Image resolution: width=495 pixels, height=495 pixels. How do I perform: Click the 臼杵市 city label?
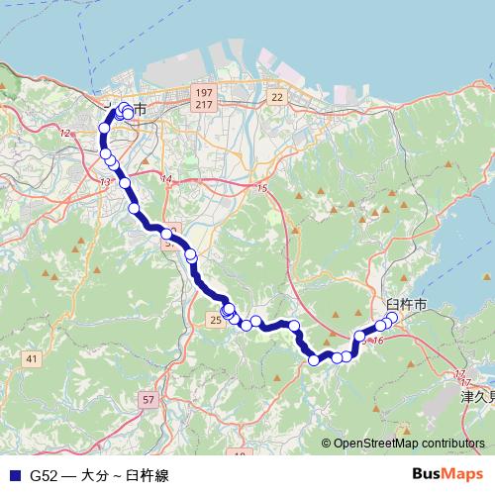(x=406, y=305)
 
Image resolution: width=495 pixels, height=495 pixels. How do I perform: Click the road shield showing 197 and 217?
(x=204, y=98)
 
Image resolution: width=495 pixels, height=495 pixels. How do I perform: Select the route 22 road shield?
(x=276, y=96)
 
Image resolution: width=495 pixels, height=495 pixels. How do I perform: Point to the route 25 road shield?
(x=216, y=319)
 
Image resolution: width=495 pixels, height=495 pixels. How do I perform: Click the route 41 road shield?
(x=33, y=357)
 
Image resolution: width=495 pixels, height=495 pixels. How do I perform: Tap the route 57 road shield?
(x=148, y=399)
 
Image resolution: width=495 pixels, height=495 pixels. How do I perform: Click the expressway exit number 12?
(x=65, y=133)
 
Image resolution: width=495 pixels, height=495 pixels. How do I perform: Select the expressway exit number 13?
(x=105, y=182)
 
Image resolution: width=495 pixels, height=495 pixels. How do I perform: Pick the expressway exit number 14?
(x=165, y=179)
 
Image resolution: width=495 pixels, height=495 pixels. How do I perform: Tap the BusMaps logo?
(x=446, y=474)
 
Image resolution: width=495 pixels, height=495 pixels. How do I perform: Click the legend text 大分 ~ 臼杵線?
(x=124, y=475)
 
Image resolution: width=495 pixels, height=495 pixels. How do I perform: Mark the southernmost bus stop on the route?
(x=315, y=360)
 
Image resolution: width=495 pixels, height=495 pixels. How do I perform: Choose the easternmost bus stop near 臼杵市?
(x=392, y=318)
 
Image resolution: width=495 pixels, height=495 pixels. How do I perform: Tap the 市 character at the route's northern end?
(x=141, y=109)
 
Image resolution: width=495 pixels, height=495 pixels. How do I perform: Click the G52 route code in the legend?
(x=44, y=475)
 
